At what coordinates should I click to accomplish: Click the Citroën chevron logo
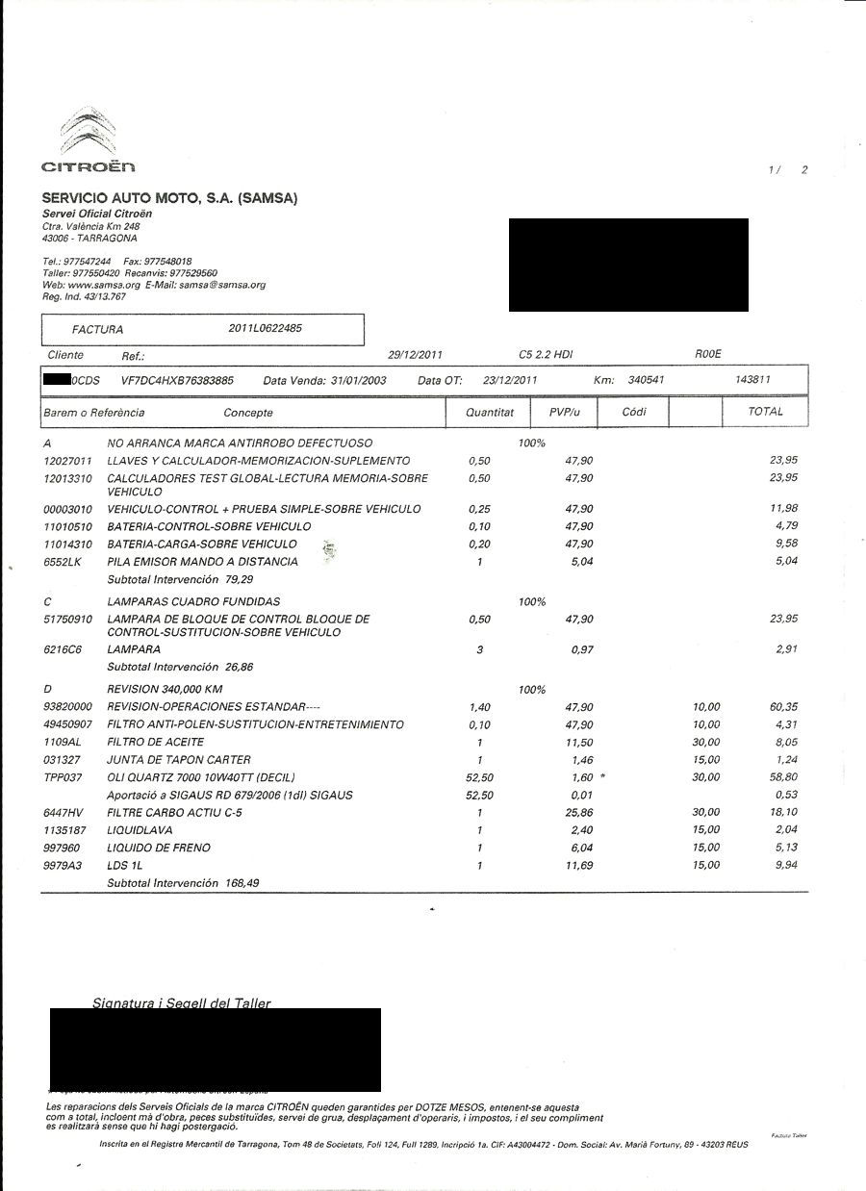coord(89,133)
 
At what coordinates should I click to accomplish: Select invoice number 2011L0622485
coord(266,328)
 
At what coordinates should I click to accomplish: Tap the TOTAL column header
coord(766,411)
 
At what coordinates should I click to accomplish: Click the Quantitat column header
coord(489,412)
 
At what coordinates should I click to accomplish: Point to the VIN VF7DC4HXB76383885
coord(177,380)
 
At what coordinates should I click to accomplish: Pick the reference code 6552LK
coord(63,561)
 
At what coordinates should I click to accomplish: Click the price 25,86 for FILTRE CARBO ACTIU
coord(579,813)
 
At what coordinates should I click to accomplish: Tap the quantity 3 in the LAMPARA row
coord(479,649)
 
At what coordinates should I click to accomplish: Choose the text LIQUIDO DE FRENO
coord(159,848)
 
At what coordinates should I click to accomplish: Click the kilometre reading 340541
coord(646,380)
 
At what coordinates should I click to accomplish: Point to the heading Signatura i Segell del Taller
coord(182,1003)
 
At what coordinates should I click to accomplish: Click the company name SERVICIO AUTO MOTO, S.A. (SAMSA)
coord(170,198)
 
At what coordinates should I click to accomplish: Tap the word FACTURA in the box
coord(97,329)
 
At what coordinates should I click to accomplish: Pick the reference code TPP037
coord(64,777)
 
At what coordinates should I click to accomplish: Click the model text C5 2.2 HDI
coord(546,355)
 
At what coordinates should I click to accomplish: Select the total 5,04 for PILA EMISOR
coord(786,561)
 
